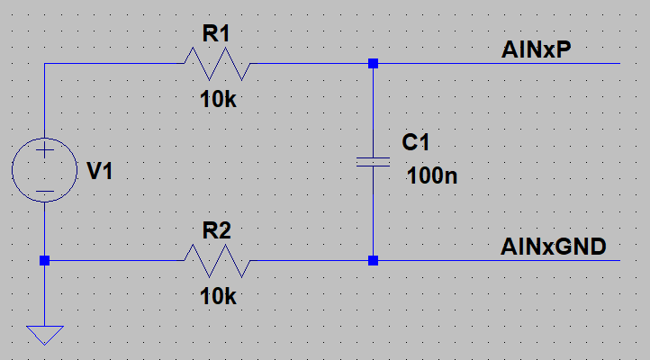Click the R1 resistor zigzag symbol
tap(217, 64)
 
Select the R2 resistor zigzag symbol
tap(217, 261)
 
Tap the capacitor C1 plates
tap(373, 162)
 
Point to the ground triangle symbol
tap(45, 335)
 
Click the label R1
tap(216, 33)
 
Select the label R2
tap(216, 230)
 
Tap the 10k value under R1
tap(218, 100)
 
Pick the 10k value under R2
tap(218, 297)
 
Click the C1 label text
tap(415, 142)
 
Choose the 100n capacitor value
tap(432, 175)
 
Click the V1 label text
tap(100, 171)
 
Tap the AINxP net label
tap(536, 49)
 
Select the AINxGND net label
tap(554, 247)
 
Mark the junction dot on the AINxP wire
tap(373, 63)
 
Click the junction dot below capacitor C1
tap(373, 261)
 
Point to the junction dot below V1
tap(45, 261)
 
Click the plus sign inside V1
tap(45, 150)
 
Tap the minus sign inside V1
tap(45, 192)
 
